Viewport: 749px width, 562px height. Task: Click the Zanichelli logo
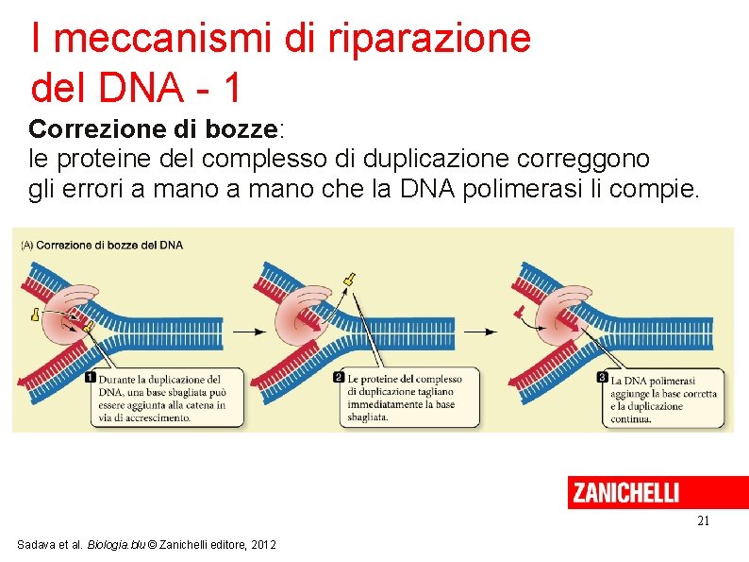[x=624, y=492]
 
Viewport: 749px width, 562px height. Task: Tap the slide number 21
[x=703, y=520]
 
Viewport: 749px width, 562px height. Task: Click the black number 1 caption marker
[x=91, y=378]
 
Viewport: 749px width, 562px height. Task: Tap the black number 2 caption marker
[x=339, y=378]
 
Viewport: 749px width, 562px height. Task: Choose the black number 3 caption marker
[x=603, y=378]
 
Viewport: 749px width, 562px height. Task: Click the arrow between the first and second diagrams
[x=249, y=332]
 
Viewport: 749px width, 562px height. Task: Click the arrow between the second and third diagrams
[x=480, y=332]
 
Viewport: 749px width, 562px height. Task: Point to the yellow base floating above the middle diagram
[x=350, y=280]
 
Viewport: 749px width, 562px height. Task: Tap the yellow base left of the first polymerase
[x=35, y=315]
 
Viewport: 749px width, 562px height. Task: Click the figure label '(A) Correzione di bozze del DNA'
[x=102, y=246]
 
